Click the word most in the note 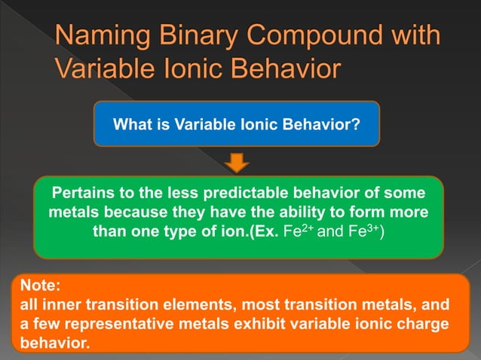click(249, 306)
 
